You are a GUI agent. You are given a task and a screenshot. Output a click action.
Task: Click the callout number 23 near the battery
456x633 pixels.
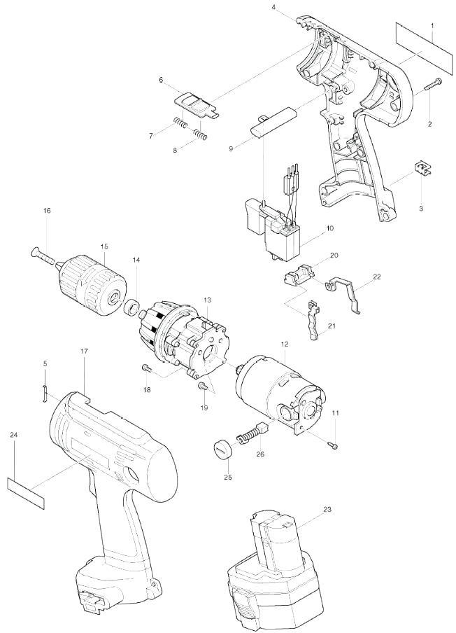(x=327, y=509)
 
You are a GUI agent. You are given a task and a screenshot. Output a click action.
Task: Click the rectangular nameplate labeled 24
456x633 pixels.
(x=26, y=494)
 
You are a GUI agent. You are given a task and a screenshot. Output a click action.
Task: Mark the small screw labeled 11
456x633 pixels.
(x=334, y=445)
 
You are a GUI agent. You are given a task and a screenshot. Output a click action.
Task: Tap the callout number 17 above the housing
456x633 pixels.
(x=84, y=352)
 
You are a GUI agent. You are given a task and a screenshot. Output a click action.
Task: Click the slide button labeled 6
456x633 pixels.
(x=195, y=104)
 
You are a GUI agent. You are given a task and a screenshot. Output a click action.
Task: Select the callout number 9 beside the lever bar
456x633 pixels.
(x=231, y=148)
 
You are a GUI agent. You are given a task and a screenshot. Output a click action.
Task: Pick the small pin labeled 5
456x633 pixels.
(x=44, y=393)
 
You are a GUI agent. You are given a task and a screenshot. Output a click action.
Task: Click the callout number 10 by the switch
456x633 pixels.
(x=330, y=228)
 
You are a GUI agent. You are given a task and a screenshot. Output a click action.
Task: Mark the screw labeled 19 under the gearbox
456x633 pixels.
(x=201, y=387)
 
